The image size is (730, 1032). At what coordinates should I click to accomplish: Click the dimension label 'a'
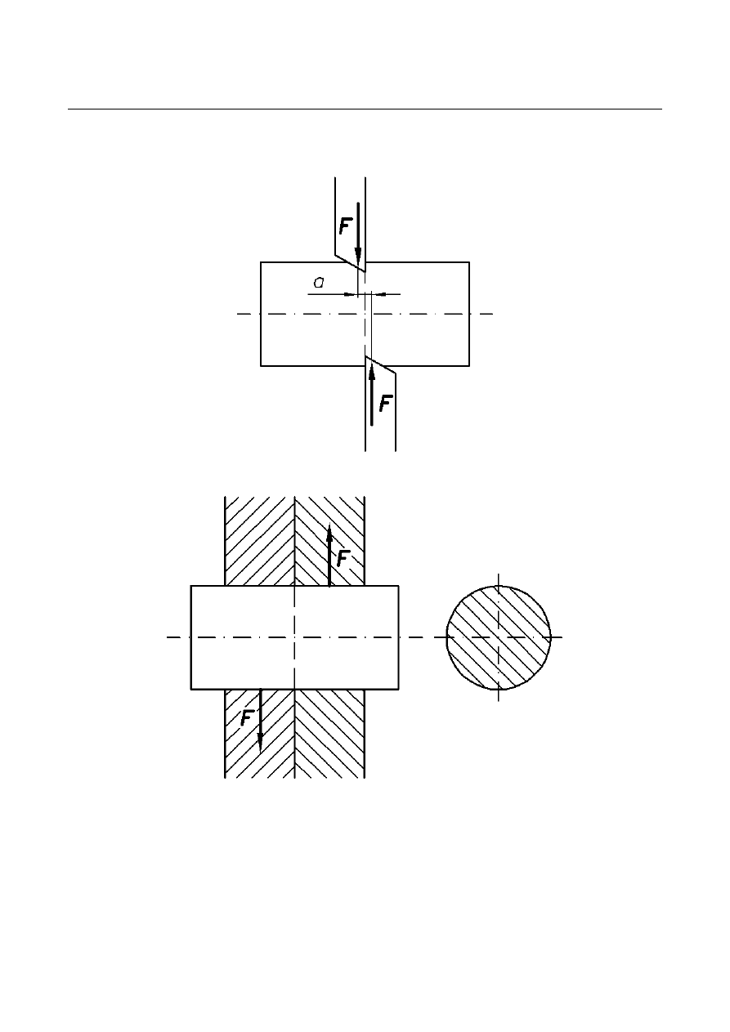(319, 283)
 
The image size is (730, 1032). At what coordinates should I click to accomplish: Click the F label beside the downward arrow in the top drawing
(346, 226)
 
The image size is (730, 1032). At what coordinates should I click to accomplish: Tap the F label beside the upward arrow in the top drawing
(386, 403)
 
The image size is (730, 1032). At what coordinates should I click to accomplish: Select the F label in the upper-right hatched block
(344, 558)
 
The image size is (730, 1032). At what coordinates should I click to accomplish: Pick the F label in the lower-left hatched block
(248, 718)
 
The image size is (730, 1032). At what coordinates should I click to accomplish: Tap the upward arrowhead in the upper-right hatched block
(329, 533)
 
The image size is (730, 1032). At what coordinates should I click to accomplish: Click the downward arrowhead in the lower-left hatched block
(260, 743)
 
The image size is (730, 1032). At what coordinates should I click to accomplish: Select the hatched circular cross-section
(499, 637)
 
